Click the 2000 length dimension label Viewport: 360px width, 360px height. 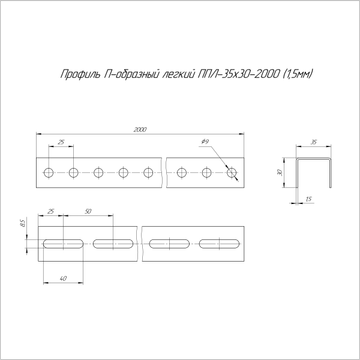[140, 130]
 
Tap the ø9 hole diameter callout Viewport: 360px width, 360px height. [205, 142]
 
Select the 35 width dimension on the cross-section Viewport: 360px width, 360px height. [313, 142]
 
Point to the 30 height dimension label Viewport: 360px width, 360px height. [280, 172]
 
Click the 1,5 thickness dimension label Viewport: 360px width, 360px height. [309, 199]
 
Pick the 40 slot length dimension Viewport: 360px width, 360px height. [63, 278]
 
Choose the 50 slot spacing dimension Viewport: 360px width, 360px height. [88, 211]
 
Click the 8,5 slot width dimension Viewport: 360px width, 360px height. [23, 223]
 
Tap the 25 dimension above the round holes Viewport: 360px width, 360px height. [61, 142]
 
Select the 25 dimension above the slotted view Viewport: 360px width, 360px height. [50, 211]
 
